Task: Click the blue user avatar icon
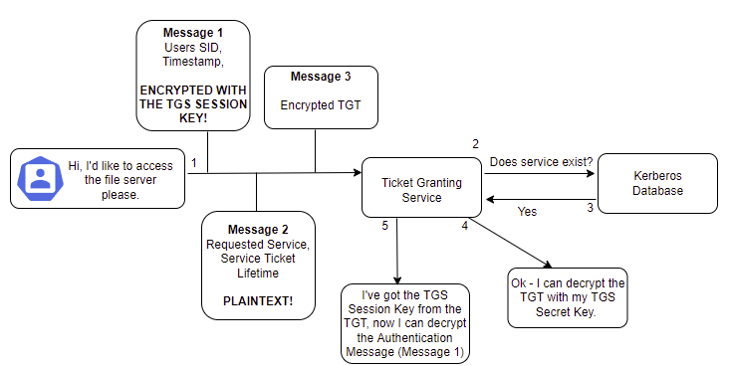point(41,178)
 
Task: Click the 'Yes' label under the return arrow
point(529,211)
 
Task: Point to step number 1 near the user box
point(195,162)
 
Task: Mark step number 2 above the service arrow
point(476,143)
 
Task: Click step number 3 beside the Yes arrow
point(589,208)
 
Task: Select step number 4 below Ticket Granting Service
point(464,227)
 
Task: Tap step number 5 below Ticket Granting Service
point(384,227)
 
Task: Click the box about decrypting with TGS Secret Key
point(567,296)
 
